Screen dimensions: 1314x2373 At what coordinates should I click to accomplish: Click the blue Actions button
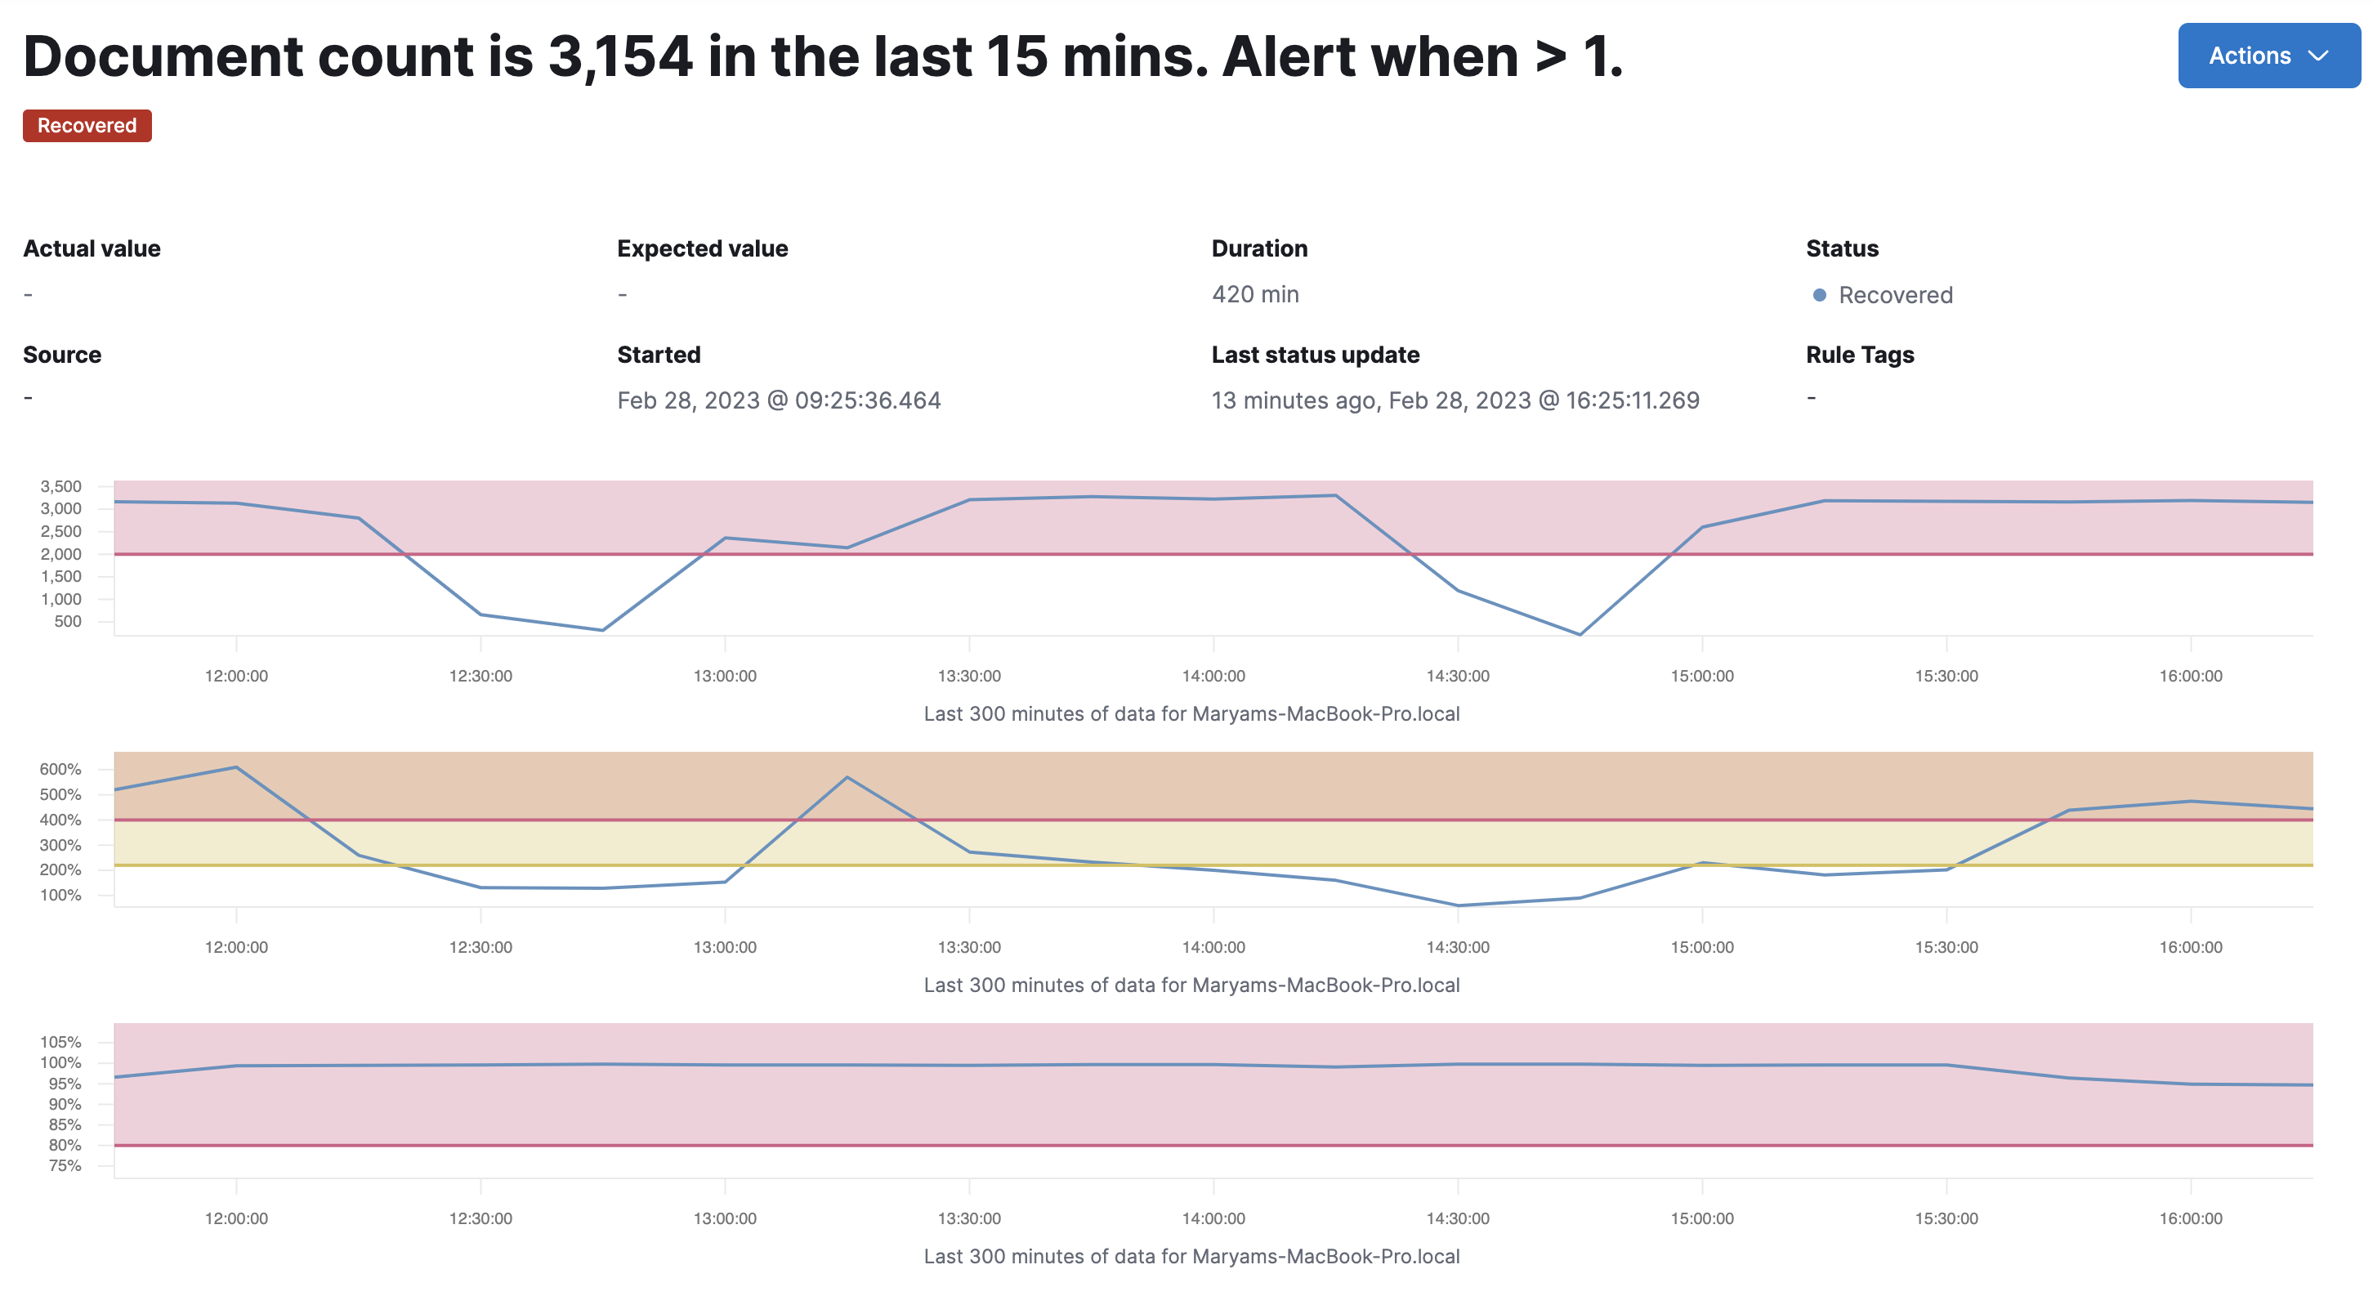[2267, 56]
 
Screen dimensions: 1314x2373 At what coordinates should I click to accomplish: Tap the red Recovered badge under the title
[87, 125]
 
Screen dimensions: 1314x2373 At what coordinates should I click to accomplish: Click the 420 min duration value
[1254, 294]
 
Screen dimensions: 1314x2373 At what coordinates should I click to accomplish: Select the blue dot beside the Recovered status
[1819, 295]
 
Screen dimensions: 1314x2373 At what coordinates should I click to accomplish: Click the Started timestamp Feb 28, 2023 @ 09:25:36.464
[779, 400]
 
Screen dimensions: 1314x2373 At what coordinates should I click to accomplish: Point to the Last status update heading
[1315, 355]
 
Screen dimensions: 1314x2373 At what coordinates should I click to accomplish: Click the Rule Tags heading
[1859, 355]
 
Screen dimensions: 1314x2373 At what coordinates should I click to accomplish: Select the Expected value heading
[702, 248]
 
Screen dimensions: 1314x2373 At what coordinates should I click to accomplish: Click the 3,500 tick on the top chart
[60, 485]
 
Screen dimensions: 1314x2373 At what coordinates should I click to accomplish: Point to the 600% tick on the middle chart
[60, 768]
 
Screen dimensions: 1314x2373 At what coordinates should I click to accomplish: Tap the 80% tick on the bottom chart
[65, 1145]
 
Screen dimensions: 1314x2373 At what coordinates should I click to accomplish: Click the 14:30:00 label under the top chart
[1457, 676]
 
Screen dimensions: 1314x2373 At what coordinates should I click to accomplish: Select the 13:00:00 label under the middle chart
[725, 946]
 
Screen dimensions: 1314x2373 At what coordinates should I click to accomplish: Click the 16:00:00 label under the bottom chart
[2190, 1218]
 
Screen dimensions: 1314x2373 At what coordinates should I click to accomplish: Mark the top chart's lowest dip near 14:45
[1580, 634]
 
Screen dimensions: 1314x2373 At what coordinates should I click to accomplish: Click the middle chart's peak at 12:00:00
[237, 766]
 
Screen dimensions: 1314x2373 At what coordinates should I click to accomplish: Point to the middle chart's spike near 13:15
[847, 778]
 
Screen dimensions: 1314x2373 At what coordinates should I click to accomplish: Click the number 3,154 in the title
[620, 57]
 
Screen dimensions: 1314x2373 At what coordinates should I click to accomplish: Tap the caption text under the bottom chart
[1191, 1256]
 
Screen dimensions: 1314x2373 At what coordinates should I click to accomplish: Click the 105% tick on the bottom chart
[60, 1041]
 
